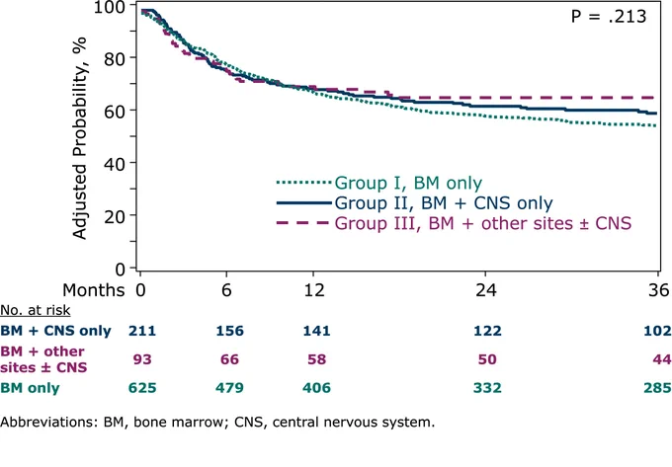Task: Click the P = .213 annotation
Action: click(x=609, y=16)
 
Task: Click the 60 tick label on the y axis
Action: click(x=116, y=111)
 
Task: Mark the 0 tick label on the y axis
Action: click(x=121, y=270)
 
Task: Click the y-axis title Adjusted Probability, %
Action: click(x=80, y=138)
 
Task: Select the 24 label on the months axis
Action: click(x=486, y=290)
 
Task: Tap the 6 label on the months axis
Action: click(x=226, y=290)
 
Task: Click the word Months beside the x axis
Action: click(x=94, y=290)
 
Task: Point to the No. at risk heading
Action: click(x=36, y=310)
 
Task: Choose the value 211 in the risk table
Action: click(x=142, y=331)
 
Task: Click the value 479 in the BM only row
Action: click(x=229, y=388)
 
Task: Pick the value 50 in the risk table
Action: click(x=487, y=359)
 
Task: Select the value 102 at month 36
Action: click(x=658, y=331)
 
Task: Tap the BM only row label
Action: click(x=30, y=388)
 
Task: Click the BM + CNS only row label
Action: click(x=55, y=331)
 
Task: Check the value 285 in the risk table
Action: click(x=658, y=388)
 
